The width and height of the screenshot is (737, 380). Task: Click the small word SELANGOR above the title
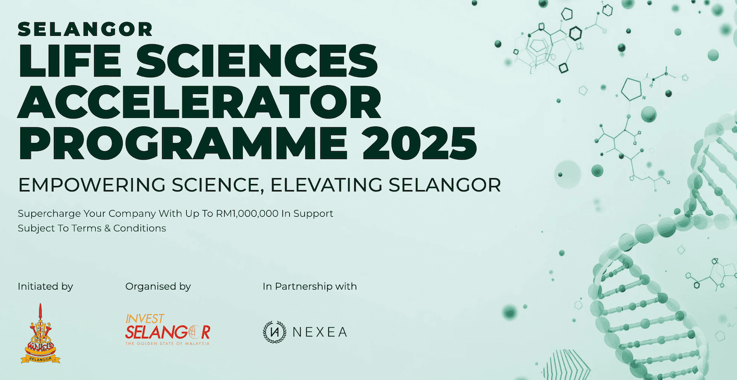point(85,29)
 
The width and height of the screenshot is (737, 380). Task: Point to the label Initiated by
point(45,286)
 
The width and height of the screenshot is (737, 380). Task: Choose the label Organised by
point(158,286)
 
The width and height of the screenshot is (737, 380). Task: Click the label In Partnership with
point(310,286)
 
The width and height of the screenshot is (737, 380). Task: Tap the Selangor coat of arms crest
point(41,334)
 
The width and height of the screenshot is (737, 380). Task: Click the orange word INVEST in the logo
point(145,318)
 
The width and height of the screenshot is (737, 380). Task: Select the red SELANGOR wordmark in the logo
point(167,331)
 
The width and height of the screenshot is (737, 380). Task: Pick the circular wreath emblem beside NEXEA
point(275,332)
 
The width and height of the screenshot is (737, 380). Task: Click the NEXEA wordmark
point(320,332)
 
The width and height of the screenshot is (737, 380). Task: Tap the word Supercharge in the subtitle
point(44,214)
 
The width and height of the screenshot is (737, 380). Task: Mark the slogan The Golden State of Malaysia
point(167,344)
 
